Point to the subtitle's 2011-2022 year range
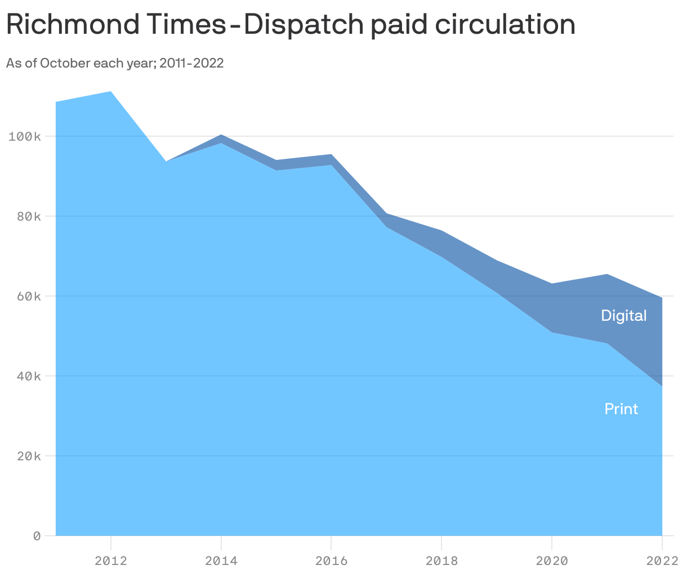191,63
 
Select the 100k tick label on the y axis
25,137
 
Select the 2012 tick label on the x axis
111,560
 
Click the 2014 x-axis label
221,560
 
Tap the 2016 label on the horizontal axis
331,560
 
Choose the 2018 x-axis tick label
441,560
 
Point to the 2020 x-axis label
552,560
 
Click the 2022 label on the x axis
662,560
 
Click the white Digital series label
623,316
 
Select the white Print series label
621,409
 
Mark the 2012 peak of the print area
111,92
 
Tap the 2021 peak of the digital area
607,275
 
